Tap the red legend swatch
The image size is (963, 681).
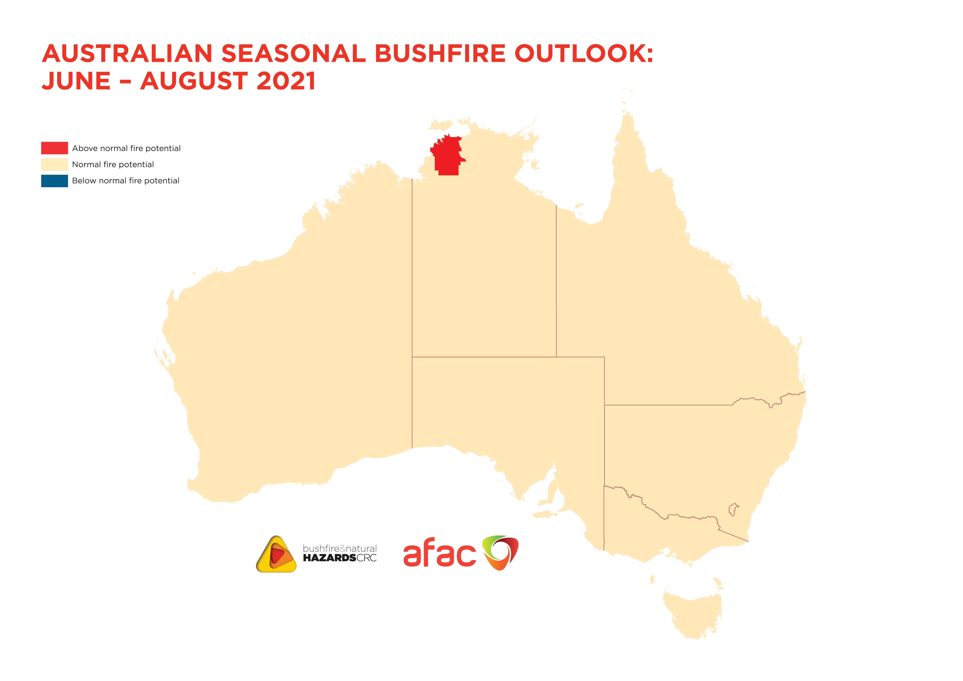pyautogui.click(x=54, y=148)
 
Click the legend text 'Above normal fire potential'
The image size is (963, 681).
pyautogui.click(x=126, y=148)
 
